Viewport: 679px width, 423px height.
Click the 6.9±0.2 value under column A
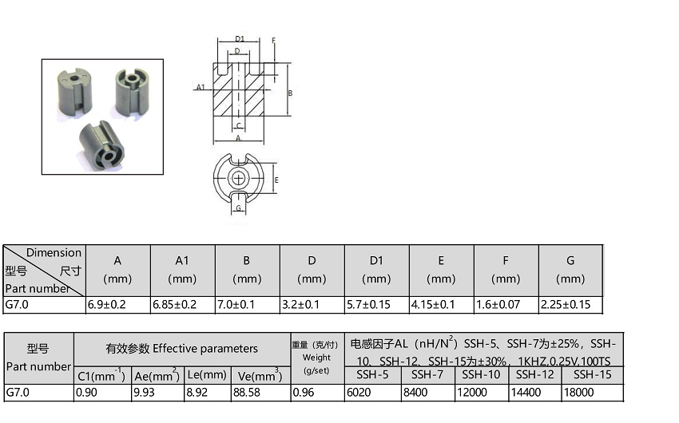[106, 305]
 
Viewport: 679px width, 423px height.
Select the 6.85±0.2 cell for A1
[174, 305]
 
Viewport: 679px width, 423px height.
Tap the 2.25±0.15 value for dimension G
[565, 305]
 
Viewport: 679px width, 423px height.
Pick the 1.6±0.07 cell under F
[498, 305]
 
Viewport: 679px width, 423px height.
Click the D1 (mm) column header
[376, 270]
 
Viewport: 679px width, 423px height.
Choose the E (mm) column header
[441, 270]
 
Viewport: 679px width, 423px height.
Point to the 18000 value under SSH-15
[578, 393]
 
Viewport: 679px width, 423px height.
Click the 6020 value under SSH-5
[359, 393]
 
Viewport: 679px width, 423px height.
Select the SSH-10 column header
[481, 374]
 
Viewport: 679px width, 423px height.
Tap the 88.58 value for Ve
[246, 393]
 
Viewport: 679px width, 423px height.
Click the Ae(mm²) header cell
[157, 375]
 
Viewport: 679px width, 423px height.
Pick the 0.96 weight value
[303, 393]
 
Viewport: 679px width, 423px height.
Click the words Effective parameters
[205, 349]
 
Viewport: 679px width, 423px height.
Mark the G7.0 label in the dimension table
[17, 305]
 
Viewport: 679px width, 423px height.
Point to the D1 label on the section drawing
[240, 39]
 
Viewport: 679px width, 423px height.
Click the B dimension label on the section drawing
[290, 93]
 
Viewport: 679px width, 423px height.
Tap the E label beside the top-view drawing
[276, 180]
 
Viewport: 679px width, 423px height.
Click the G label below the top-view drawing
[238, 208]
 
